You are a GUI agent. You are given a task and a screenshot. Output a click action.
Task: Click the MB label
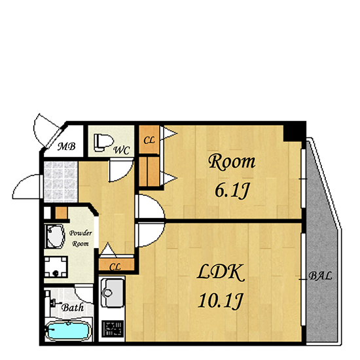66,146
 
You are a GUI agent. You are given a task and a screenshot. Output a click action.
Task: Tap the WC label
122,150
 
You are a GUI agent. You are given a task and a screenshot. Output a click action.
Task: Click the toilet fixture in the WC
103,143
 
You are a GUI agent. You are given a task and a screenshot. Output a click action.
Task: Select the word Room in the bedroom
232,162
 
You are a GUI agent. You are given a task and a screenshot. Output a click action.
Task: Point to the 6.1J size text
232,190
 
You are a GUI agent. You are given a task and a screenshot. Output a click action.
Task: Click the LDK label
220,272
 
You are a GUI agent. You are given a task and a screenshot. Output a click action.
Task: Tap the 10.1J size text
220,301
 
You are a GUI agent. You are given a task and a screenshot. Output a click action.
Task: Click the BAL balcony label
320,276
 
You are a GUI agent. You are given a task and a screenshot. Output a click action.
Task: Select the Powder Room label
81,238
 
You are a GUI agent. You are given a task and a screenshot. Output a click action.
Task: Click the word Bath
73,308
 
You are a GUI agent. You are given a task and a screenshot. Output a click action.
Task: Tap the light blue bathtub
67,331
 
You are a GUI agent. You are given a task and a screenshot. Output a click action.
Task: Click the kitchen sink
112,293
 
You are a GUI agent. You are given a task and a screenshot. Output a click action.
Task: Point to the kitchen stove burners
113,329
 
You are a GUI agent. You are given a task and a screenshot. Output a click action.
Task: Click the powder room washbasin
54,236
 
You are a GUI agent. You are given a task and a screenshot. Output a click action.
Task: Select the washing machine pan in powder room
56,267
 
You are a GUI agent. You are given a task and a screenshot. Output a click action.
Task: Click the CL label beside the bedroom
149,140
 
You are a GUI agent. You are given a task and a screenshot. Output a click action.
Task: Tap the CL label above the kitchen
115,267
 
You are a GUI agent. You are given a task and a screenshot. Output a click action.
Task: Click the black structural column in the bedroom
295,133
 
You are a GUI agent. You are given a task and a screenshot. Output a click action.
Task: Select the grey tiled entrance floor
61,182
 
